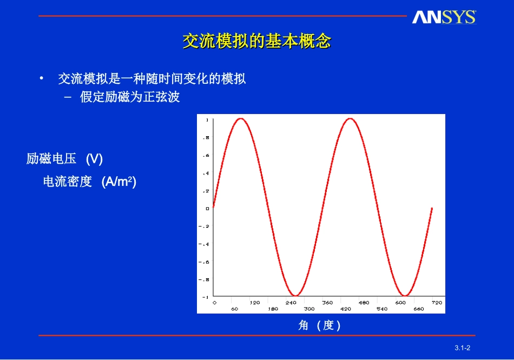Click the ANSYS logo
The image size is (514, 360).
444,17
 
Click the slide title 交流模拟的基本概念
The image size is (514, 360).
256,42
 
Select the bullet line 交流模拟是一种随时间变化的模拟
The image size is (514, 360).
151,79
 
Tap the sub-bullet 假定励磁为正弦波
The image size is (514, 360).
130,97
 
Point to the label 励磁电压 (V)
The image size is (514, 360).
64,159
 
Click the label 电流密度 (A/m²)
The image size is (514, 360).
89,182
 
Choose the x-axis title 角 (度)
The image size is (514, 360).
320,325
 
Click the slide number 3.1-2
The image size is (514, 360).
463,347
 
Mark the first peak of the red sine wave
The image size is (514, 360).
240,118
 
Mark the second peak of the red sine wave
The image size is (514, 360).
350,118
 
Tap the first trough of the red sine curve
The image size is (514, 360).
295,296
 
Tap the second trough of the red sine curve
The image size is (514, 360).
405,296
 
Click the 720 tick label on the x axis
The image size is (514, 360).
437,303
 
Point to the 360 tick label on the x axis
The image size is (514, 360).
327,303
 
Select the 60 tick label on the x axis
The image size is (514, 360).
235,309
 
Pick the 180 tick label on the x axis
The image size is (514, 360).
273,309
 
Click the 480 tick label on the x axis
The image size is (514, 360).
364,303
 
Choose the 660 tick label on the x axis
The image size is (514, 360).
419,309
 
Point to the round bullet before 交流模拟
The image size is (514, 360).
41,79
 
